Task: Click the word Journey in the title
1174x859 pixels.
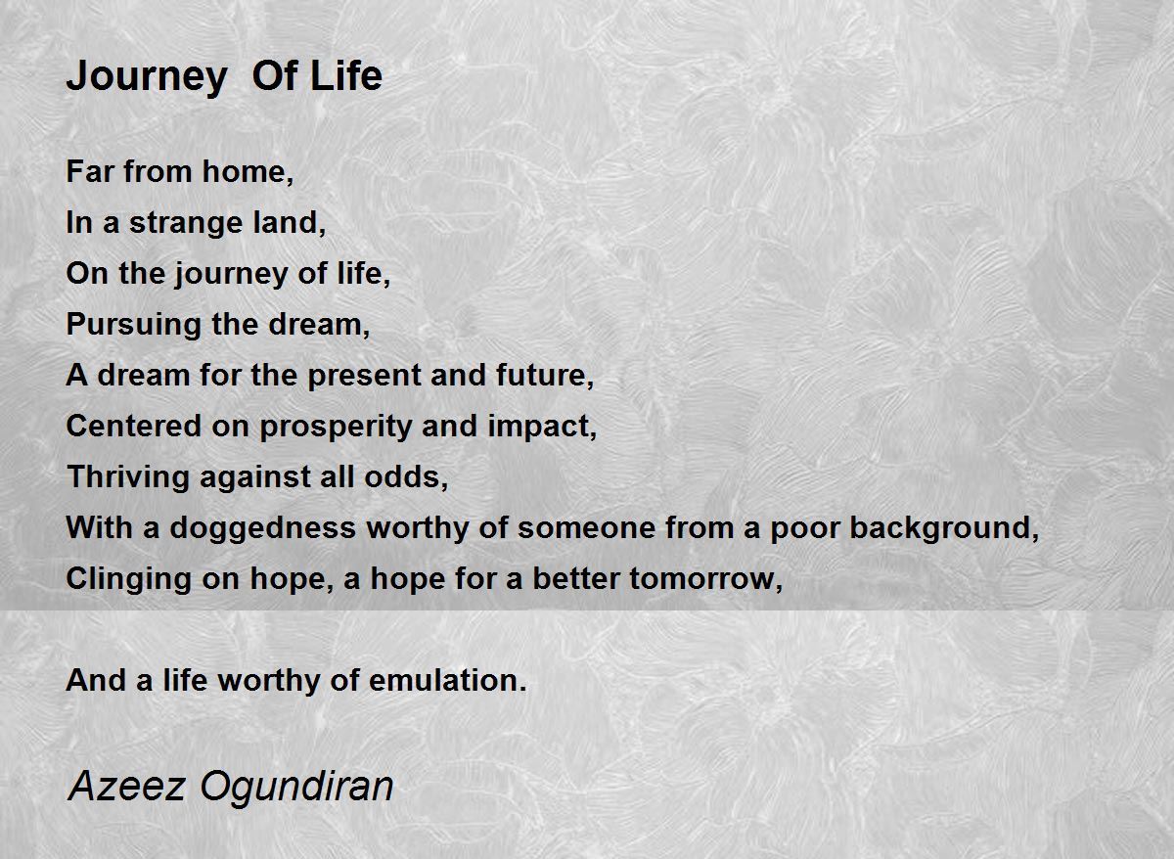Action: [147, 78]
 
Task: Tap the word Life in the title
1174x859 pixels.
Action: [346, 75]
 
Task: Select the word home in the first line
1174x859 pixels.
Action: [248, 171]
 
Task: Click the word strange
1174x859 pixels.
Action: [186, 224]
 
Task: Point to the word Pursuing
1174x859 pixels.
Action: [134, 326]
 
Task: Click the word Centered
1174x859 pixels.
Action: [134, 426]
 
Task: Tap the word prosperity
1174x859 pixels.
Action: [336, 428]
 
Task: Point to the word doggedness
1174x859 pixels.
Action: [262, 528]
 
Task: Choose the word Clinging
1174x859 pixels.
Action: [128, 579]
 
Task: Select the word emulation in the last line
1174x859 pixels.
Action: [448, 680]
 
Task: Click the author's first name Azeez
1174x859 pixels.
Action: [126, 787]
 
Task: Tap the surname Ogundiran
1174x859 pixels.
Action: [296, 789]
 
